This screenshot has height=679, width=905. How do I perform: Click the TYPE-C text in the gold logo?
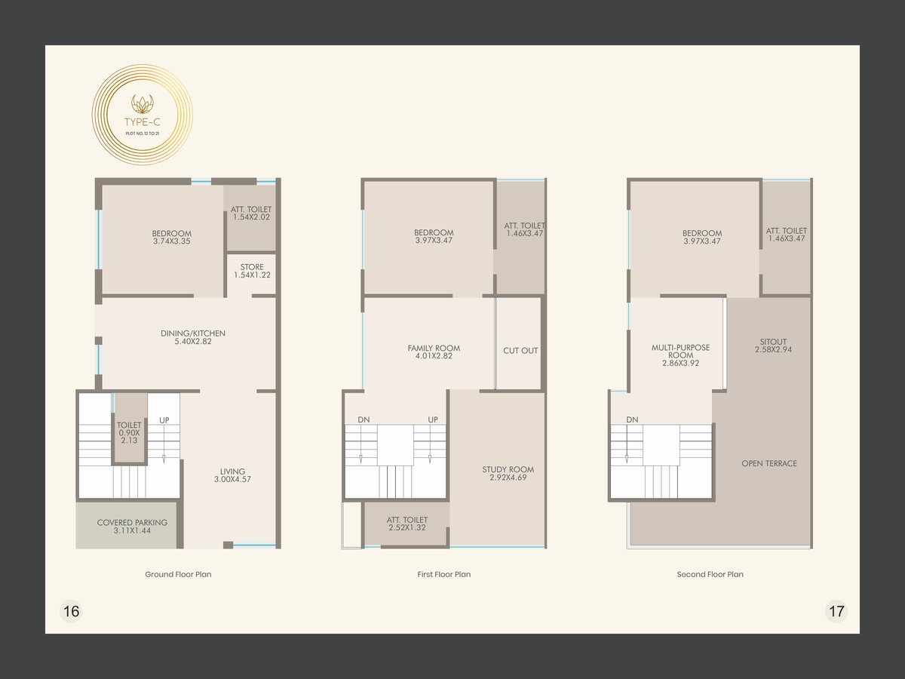[x=143, y=122]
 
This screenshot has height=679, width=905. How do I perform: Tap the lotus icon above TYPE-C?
[x=143, y=104]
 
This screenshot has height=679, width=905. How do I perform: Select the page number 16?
[x=72, y=611]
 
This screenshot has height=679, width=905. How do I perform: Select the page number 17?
[x=836, y=611]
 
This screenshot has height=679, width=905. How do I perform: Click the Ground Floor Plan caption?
[x=178, y=574]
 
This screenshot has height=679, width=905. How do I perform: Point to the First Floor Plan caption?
[x=444, y=574]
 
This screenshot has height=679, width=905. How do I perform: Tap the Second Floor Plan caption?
[x=710, y=574]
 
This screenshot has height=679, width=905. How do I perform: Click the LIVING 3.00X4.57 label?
[x=232, y=475]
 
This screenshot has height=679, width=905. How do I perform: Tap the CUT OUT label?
[x=520, y=350]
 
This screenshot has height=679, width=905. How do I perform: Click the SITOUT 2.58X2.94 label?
[x=774, y=346]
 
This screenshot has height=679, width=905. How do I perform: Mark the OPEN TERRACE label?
[x=769, y=463]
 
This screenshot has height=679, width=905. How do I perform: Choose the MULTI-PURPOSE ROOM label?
[x=681, y=355]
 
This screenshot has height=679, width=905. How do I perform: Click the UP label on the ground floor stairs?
[x=164, y=420]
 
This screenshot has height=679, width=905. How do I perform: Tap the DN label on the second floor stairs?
[x=632, y=419]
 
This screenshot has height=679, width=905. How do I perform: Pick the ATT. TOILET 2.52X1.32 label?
[x=407, y=524]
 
